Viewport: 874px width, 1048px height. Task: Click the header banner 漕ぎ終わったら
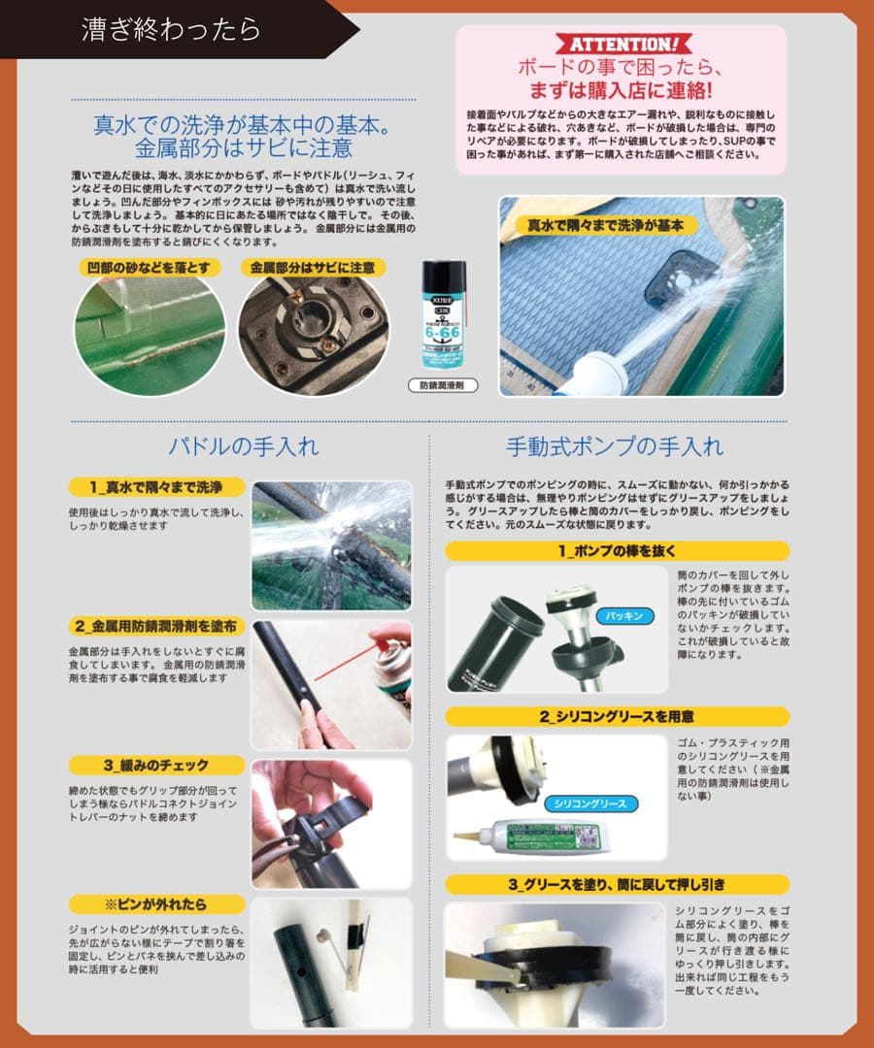click(171, 28)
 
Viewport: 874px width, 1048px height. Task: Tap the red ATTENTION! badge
click(621, 45)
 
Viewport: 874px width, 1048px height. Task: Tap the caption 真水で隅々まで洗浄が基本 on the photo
click(599, 224)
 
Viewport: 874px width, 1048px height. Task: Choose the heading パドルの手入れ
click(244, 447)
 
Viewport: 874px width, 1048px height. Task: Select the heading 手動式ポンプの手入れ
click(615, 447)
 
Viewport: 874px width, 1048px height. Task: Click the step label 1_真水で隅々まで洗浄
click(157, 487)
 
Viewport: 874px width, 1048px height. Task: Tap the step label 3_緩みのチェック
click(157, 765)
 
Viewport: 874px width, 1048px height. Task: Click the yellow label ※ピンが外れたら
click(157, 904)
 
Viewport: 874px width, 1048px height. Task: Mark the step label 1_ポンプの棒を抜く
click(617, 550)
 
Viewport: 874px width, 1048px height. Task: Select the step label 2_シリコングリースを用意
click(617, 716)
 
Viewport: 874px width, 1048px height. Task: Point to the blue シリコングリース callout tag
click(589, 803)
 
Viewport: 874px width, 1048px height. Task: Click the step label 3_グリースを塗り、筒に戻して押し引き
click(617, 884)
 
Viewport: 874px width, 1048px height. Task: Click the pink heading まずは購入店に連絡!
click(621, 91)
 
